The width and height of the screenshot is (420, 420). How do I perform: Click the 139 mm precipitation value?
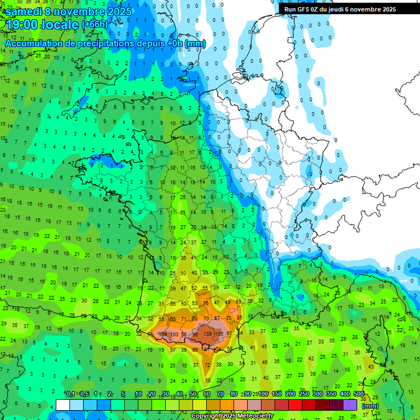[208, 334]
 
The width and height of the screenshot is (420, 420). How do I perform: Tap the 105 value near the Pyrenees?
[219, 334]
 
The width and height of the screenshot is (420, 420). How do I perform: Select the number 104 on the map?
[163, 334]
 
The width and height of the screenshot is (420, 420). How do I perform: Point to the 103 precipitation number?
[174, 334]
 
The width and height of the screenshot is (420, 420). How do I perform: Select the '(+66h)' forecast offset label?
[95, 25]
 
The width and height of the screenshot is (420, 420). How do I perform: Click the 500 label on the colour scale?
[359, 394]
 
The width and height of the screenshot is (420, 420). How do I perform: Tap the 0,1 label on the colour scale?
[71, 394]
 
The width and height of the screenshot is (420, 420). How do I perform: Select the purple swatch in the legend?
[350, 405]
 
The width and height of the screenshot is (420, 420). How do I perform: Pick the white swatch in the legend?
[63, 405]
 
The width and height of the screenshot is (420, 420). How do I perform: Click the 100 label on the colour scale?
[263, 394]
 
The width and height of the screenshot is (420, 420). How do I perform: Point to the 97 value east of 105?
[229, 334]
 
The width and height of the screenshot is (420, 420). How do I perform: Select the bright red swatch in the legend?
[295, 405]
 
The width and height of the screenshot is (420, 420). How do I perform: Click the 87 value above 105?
[217, 318]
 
